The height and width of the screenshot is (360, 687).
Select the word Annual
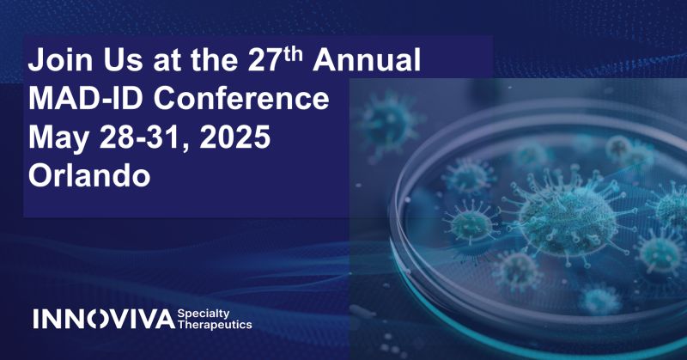pos(370,61)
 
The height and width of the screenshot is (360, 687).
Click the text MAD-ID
pos(88,99)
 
